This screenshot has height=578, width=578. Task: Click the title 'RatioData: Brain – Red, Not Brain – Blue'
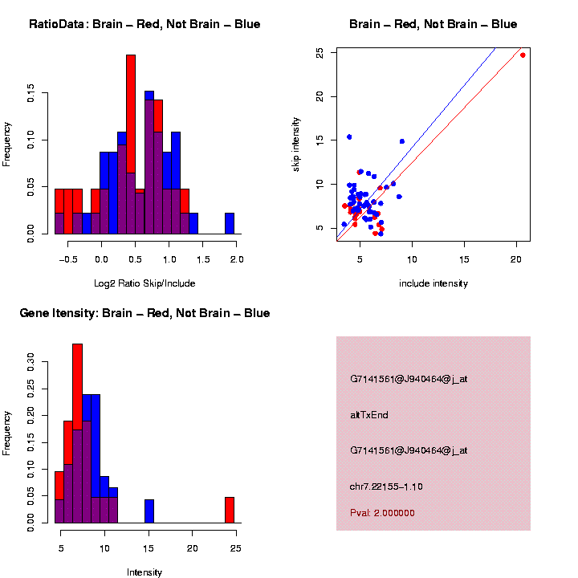[144, 25]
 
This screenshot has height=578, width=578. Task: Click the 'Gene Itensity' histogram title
[144, 313]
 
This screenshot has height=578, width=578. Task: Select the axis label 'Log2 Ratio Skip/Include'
[144, 283]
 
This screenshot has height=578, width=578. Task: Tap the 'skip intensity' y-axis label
[296, 144]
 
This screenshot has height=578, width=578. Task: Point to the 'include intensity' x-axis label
[433, 283]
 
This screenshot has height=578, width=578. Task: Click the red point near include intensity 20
[523, 55]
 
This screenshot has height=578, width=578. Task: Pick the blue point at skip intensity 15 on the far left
[349, 137]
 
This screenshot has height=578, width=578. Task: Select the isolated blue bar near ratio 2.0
[230, 223]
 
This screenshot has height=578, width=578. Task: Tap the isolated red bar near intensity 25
[230, 510]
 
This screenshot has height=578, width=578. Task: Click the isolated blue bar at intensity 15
[149, 511]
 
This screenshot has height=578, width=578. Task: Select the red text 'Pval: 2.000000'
[382, 513]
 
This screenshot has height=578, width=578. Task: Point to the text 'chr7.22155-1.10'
[386, 486]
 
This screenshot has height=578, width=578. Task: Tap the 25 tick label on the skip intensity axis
[320, 53]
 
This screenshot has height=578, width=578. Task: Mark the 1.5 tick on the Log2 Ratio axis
[203, 259]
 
